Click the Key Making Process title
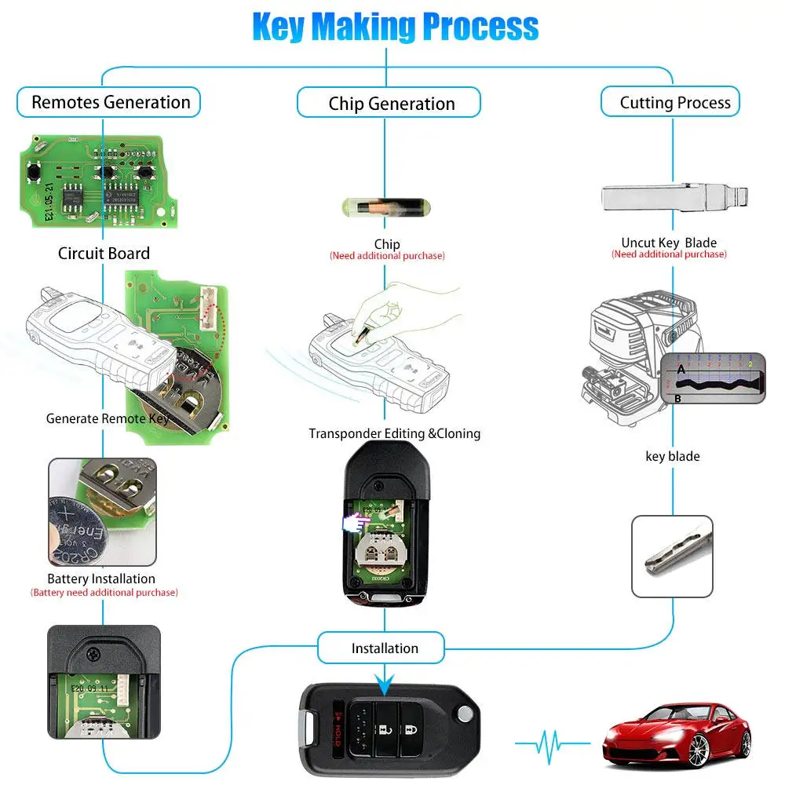(395, 27)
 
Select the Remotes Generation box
(110, 102)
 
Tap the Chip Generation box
(391, 104)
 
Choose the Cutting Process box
(674, 102)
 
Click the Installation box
(384, 648)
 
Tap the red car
(676, 733)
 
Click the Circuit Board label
(104, 253)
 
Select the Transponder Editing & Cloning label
(394, 433)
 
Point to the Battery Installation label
(101, 579)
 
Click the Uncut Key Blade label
(669, 243)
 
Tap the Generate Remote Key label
(107, 418)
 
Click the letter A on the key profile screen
(681, 369)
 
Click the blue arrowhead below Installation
(384, 686)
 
